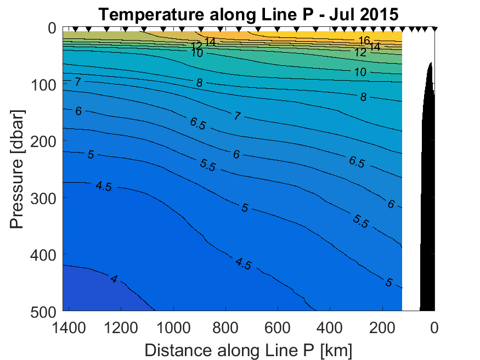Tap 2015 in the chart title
[378, 14]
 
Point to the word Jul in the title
[342, 14]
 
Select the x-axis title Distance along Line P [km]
[248, 349]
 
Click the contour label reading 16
[364, 40]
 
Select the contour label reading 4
[114, 279]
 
